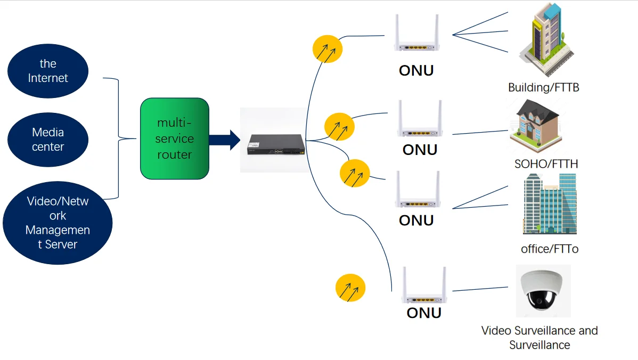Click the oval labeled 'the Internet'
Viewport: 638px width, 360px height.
pos(48,71)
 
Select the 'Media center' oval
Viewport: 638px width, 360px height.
pos(48,140)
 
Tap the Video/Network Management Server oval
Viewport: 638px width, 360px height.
pos(58,223)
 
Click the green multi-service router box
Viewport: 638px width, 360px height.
pos(174,138)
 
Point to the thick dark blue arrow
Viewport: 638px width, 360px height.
pos(224,140)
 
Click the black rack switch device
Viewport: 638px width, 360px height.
pos(275,144)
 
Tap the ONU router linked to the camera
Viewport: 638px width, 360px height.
pos(424,288)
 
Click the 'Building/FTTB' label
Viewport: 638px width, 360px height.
pos(543,87)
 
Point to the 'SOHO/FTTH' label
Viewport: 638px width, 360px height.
pos(546,163)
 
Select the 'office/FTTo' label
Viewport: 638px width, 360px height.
pos(549,249)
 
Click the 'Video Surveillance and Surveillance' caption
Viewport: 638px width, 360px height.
pos(539,338)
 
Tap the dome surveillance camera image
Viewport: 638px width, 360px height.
pos(543,291)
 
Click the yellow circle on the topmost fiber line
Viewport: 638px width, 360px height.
pos(327,49)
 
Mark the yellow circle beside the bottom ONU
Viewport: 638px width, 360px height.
pos(350,289)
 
